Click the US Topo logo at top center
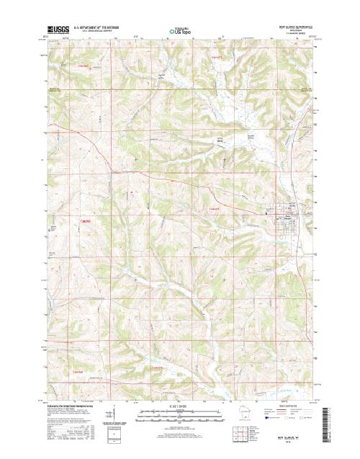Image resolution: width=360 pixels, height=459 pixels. (180, 32)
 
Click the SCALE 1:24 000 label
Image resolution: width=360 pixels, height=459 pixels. (179, 406)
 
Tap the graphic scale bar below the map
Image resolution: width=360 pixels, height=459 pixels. (179, 414)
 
